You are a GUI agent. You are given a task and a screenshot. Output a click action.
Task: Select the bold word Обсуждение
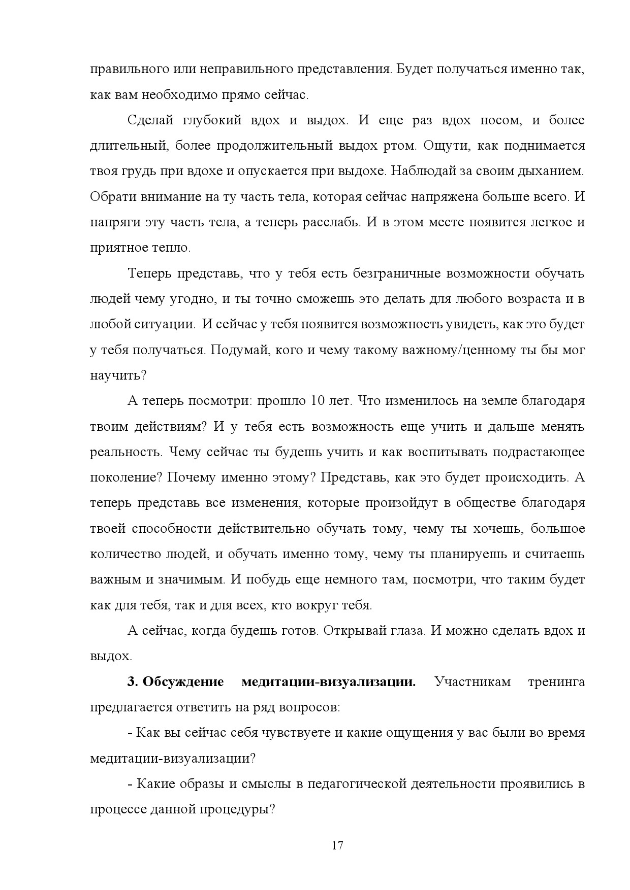(183, 681)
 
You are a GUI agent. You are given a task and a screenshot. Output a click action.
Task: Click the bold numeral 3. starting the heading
(133, 681)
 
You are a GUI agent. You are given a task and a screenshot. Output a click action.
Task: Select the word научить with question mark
(118, 375)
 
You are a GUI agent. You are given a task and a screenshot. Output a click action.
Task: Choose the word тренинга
(556, 681)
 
